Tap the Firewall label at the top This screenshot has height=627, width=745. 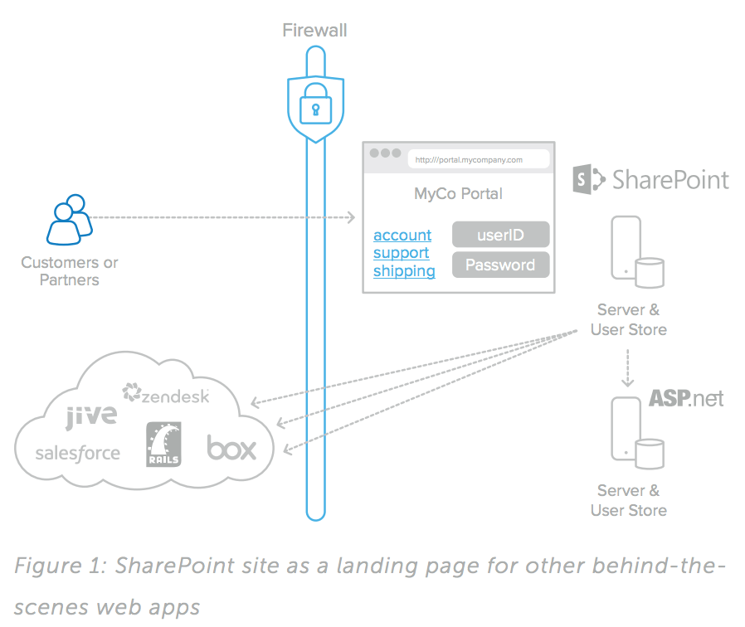(x=314, y=32)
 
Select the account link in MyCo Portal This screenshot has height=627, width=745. (x=402, y=236)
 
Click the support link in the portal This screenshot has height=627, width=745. (x=401, y=253)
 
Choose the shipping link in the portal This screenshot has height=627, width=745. (x=404, y=271)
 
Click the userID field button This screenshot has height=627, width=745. (x=501, y=235)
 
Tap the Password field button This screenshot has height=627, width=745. (x=501, y=265)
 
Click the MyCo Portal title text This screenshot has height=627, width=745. (x=458, y=194)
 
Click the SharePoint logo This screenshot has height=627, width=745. (x=651, y=179)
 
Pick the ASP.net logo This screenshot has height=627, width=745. (x=686, y=398)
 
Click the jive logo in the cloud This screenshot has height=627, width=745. (x=91, y=415)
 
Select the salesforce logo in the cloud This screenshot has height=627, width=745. (x=78, y=453)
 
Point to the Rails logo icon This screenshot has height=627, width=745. (x=163, y=445)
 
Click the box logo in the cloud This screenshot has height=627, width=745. (x=231, y=449)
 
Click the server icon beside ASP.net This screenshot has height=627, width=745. (x=635, y=431)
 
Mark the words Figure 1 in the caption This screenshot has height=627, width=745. (x=59, y=566)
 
